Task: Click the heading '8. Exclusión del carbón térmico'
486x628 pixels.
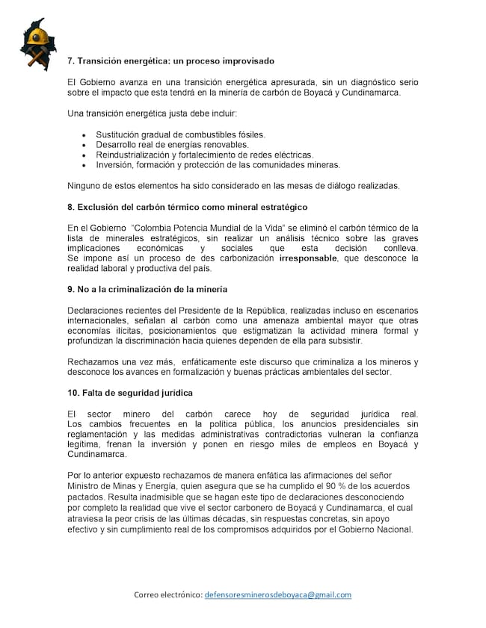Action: [187, 206]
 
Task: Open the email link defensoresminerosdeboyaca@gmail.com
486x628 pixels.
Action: [277, 594]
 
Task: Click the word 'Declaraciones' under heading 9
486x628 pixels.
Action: [98, 310]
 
